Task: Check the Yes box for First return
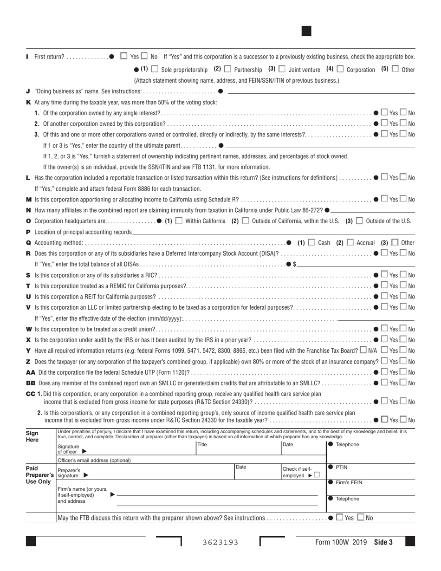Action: (123, 56)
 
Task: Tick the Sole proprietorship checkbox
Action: (155, 69)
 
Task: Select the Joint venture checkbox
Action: (282, 69)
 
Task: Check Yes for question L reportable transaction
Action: (384, 177)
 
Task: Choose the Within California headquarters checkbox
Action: (179, 221)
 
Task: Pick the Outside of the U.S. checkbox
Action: (359, 221)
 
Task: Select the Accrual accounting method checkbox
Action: (350, 242)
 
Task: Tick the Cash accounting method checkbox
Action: (311, 242)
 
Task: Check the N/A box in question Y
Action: (363, 350)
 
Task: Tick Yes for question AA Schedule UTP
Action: (384, 372)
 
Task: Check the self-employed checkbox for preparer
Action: (317, 475)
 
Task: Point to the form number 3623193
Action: (220, 542)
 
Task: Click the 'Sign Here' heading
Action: (32, 436)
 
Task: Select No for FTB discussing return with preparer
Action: (360, 518)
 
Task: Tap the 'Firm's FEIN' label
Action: (349, 483)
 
